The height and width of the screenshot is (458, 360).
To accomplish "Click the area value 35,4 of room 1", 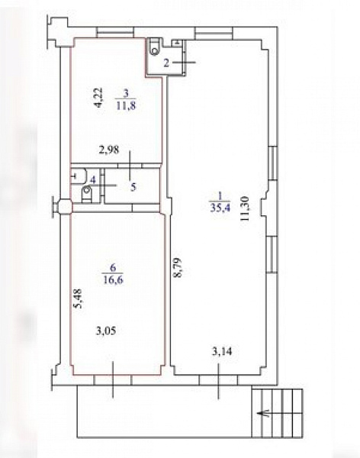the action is (220, 208).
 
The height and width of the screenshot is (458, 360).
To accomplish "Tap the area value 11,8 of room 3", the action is (126, 105).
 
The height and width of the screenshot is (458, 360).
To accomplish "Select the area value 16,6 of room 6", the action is (113, 279).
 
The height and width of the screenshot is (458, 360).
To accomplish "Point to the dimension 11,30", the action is (245, 208).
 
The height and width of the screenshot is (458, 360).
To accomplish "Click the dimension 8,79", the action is (178, 267).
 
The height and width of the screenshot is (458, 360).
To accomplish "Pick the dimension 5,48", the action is (78, 298).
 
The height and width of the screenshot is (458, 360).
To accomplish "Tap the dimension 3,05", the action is (106, 331).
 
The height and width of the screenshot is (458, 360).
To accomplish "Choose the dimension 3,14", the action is (222, 351).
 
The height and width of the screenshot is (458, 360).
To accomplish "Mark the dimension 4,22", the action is (98, 98).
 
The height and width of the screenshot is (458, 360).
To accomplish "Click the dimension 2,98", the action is (109, 150).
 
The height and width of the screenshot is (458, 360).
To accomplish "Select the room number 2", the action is (166, 63).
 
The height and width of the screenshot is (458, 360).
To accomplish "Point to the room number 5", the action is (133, 187).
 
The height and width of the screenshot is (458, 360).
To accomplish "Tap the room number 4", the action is (93, 179).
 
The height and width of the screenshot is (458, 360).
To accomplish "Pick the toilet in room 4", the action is (87, 194).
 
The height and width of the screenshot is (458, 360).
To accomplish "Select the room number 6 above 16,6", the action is (113, 267).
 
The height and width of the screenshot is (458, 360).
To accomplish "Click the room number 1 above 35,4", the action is (220, 195).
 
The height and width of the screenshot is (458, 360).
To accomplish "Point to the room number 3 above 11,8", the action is (126, 93).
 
